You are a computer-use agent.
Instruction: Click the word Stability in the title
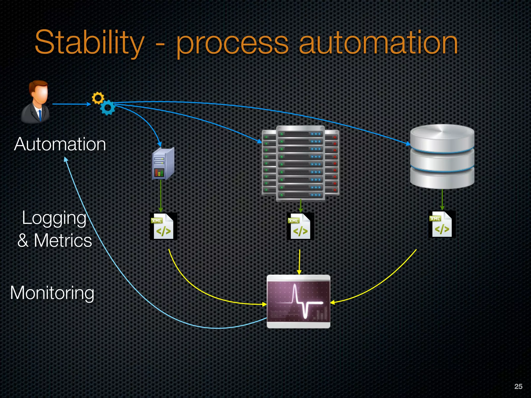(x=89, y=43)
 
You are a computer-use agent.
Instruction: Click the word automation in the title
(x=379, y=43)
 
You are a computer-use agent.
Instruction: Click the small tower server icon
(x=163, y=164)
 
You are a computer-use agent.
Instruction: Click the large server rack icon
(x=301, y=163)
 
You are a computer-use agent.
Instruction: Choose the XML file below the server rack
(x=300, y=226)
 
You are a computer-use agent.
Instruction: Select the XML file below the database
(x=442, y=224)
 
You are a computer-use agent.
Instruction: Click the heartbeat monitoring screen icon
(x=298, y=302)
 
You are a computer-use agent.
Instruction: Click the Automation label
(x=60, y=144)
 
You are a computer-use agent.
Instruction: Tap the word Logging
(x=54, y=218)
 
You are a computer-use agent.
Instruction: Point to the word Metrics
(x=63, y=240)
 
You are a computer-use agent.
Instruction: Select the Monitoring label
(x=52, y=293)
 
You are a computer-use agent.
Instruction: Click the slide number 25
(x=518, y=386)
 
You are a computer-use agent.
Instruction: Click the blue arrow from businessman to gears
(x=71, y=104)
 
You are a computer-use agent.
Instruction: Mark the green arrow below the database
(x=442, y=200)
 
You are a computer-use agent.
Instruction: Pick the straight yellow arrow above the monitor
(x=299, y=262)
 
